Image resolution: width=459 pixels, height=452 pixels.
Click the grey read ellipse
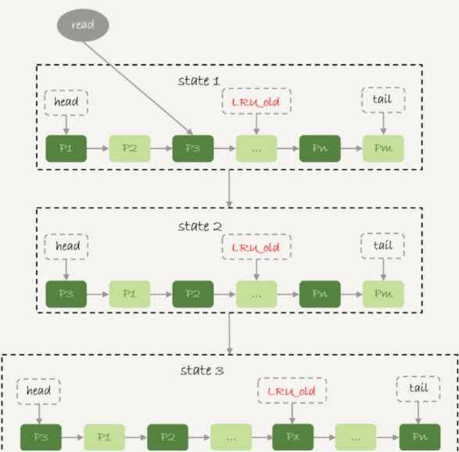83,25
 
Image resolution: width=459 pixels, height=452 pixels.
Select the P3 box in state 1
193,148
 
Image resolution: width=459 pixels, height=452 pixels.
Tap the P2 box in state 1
130,148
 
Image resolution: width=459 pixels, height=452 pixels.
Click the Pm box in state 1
383,148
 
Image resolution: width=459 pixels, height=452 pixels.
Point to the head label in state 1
66,103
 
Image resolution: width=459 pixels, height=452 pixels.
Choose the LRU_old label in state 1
256,101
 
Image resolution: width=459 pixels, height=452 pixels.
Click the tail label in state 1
383,99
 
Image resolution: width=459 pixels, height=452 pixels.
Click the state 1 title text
199,81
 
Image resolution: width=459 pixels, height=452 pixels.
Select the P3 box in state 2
66,294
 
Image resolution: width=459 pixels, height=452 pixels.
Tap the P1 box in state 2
130,294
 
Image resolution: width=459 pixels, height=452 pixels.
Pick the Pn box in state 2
320,294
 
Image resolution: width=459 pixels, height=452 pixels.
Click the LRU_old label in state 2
256,247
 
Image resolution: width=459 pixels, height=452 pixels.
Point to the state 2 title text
200,226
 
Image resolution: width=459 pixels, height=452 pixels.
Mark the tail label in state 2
383,246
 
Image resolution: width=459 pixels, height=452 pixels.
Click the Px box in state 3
293,437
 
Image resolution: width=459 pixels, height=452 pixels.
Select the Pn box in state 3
420,437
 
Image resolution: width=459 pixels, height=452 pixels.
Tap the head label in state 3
38,392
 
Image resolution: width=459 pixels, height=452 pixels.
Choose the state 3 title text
202,371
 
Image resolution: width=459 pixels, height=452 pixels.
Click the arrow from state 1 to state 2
230,188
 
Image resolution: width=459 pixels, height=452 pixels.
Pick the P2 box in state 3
168,437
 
